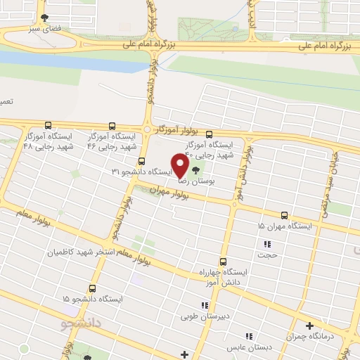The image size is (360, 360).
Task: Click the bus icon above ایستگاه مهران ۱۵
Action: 284,215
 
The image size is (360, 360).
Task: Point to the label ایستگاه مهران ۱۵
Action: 285,226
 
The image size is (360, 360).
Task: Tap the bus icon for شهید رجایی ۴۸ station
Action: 48,124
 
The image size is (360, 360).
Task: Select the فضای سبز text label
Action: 44,30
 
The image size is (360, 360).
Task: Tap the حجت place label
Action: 270,256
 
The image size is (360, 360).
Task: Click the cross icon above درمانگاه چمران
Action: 309,325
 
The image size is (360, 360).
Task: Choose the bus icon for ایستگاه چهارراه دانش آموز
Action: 224,261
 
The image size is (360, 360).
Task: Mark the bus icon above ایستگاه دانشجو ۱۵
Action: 93,288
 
